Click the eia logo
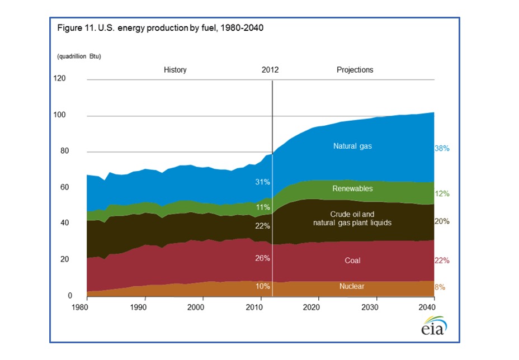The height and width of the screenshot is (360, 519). pyautogui.click(x=434, y=325)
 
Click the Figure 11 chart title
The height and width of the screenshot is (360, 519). pyautogui.click(x=161, y=29)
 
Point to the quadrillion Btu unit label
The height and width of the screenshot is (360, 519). pyautogui.click(x=79, y=56)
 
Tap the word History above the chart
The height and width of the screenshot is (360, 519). pyautogui.click(x=175, y=70)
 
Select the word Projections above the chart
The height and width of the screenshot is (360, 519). pyautogui.click(x=355, y=70)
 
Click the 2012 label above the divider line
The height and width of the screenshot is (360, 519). pyautogui.click(x=270, y=70)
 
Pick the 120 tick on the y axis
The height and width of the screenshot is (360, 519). pyautogui.click(x=59, y=78)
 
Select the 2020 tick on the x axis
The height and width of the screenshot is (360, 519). pyautogui.click(x=318, y=307)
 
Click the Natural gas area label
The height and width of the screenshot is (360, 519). pyautogui.click(x=352, y=146)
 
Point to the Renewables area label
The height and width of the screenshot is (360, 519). pyautogui.click(x=352, y=188)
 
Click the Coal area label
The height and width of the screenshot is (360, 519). pyautogui.click(x=352, y=260)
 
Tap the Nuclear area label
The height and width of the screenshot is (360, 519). pyautogui.click(x=352, y=286)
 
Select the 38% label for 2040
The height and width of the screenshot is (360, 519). pyautogui.click(x=442, y=149)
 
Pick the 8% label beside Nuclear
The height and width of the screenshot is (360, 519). pyautogui.click(x=441, y=287)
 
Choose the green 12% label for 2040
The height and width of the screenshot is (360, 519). pyautogui.click(x=442, y=193)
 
